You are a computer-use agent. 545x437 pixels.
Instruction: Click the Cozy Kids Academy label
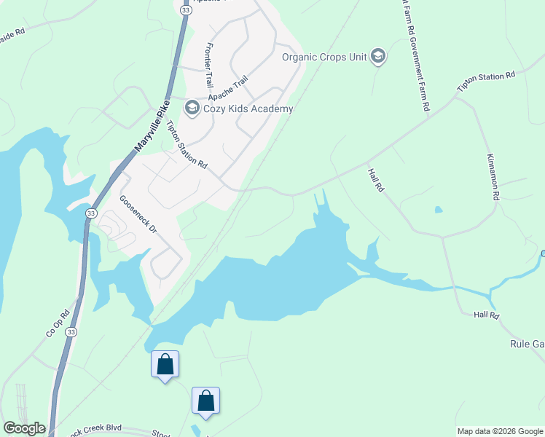pos(247,109)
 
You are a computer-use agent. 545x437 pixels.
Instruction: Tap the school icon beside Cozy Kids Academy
pos(192,109)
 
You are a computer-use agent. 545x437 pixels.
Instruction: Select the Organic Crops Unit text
pos(324,56)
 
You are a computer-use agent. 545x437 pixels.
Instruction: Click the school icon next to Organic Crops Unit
pos(377,56)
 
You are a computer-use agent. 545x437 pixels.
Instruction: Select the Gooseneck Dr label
pos(138,214)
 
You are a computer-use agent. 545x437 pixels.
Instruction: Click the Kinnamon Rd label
pos(493,177)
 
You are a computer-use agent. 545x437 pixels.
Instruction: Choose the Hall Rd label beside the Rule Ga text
pos(485,315)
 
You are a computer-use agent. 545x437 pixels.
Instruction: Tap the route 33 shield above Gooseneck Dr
pos(90,213)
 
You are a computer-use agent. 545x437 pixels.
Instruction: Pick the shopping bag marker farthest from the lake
pos(205,400)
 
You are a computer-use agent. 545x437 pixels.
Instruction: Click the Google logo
pos(23,428)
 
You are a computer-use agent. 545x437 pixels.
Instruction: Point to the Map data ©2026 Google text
pos(500,431)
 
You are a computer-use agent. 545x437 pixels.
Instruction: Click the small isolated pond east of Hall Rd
pos(438,210)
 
